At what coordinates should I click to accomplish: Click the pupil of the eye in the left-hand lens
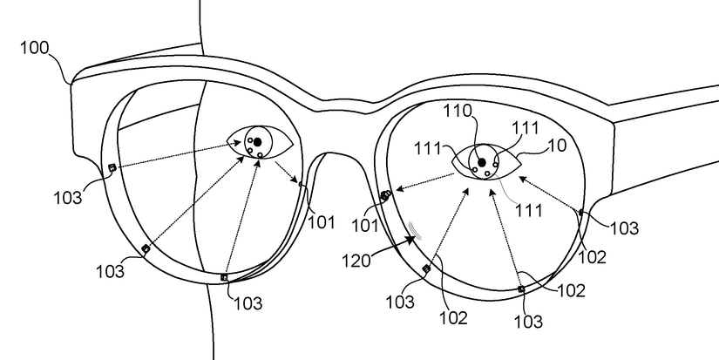point(258,142)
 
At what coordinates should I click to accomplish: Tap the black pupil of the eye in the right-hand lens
point(482,162)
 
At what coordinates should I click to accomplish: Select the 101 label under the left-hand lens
point(322,221)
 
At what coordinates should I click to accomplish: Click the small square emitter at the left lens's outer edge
point(112,168)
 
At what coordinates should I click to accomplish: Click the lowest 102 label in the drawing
point(453,317)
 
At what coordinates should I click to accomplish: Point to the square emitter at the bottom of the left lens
point(225,277)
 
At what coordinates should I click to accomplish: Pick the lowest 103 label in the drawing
point(528,323)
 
